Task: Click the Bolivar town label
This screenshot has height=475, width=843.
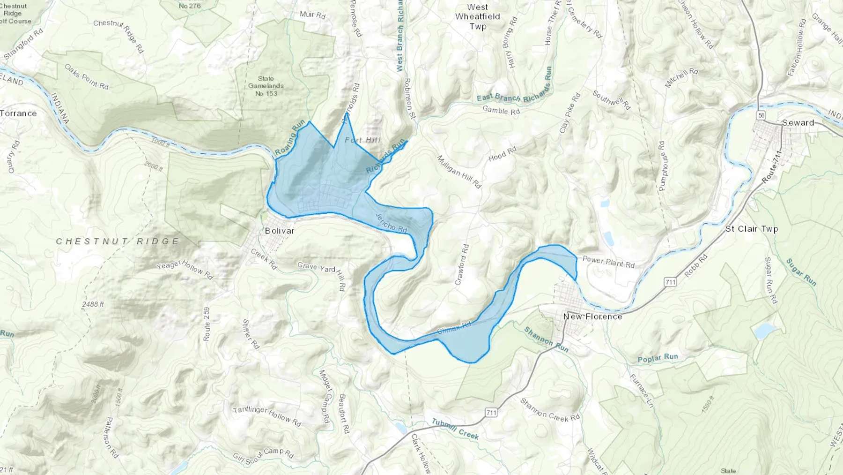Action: point(280,231)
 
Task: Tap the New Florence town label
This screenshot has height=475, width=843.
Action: point(592,317)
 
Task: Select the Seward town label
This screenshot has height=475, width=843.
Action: point(798,123)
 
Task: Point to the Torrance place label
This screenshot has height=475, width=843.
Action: point(18,113)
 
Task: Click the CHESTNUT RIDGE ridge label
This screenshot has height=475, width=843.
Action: point(118,241)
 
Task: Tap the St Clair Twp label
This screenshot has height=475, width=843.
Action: point(751,229)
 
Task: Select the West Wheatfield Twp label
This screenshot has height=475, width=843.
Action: point(477,17)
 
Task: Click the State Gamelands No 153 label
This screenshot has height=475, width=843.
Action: point(266,86)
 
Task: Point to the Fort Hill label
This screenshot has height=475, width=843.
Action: point(362,140)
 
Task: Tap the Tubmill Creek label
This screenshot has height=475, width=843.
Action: point(455,429)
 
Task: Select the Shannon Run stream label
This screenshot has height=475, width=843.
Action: point(546,339)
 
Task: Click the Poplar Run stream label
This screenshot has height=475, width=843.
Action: point(658,358)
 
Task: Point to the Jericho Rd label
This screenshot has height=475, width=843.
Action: point(392,222)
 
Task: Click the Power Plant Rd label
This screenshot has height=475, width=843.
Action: point(608,262)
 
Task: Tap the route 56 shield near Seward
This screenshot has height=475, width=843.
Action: point(762,115)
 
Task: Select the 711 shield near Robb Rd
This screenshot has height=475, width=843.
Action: point(670,282)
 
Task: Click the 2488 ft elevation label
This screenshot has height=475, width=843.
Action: point(93,304)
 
